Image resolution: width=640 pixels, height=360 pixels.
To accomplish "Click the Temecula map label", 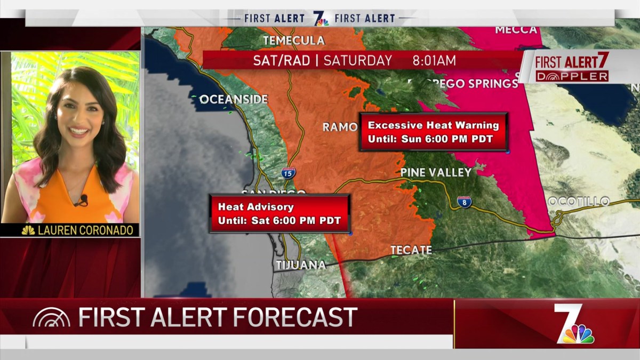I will pos(294,41).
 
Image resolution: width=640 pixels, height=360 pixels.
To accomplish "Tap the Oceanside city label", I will pos(234,99).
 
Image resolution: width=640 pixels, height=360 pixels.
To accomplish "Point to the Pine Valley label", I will pos(436,172).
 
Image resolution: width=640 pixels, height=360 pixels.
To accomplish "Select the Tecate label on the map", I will pos(411,250).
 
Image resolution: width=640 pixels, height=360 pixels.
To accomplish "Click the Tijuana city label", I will pos(301,265).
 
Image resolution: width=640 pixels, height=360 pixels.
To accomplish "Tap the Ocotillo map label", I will pos(579,201).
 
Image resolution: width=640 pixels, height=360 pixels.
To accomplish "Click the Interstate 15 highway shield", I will pos(289,172).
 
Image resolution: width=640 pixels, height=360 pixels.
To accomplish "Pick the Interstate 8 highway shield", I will pos(464,202).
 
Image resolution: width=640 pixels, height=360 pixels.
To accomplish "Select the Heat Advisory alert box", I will pos(279,213).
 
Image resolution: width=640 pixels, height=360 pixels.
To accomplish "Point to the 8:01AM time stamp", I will pos(434,61).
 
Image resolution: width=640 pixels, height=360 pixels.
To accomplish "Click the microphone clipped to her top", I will pos(83,200).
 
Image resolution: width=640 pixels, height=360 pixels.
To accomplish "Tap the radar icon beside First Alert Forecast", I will pos(51,318).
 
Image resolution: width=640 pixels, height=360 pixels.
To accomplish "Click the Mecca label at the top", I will pos(516,30).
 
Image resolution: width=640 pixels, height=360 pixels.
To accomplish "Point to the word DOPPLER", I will pos(572,76).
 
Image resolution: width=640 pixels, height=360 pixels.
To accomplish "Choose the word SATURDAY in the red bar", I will pos(357,61).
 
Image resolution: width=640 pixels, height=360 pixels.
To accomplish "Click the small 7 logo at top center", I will pos(320,18).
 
